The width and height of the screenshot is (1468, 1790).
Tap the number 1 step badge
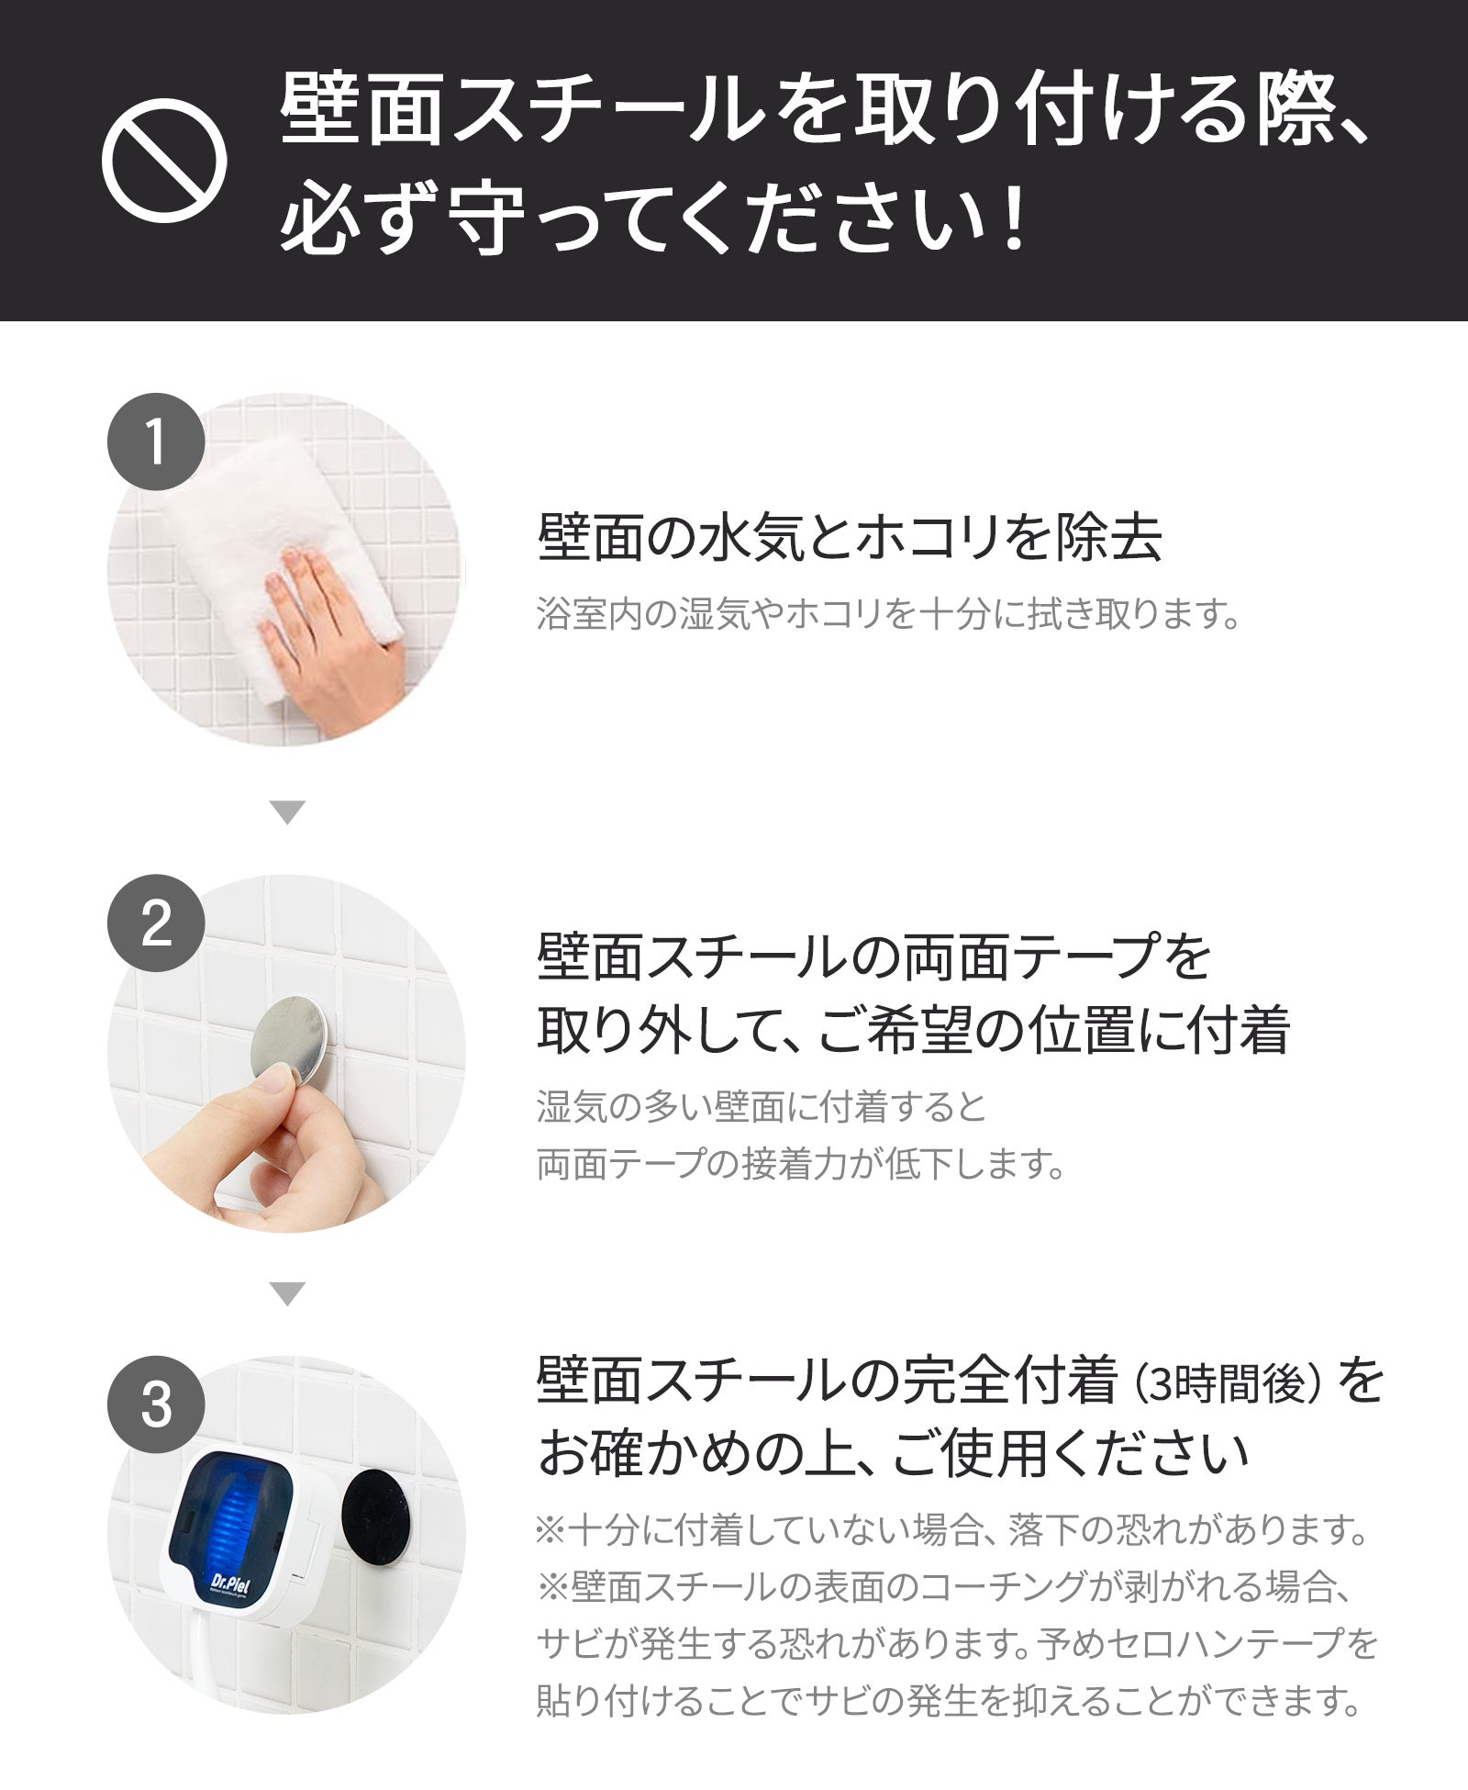click(156, 442)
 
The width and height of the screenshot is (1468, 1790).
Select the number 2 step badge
click(156, 923)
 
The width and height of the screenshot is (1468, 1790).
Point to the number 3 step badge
click(156, 1404)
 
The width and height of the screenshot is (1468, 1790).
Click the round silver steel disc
click(290, 1043)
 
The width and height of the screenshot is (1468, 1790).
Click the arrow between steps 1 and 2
click(288, 812)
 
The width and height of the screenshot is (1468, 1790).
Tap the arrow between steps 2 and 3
click(288, 1294)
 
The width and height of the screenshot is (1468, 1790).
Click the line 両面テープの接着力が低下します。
click(802, 1164)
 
